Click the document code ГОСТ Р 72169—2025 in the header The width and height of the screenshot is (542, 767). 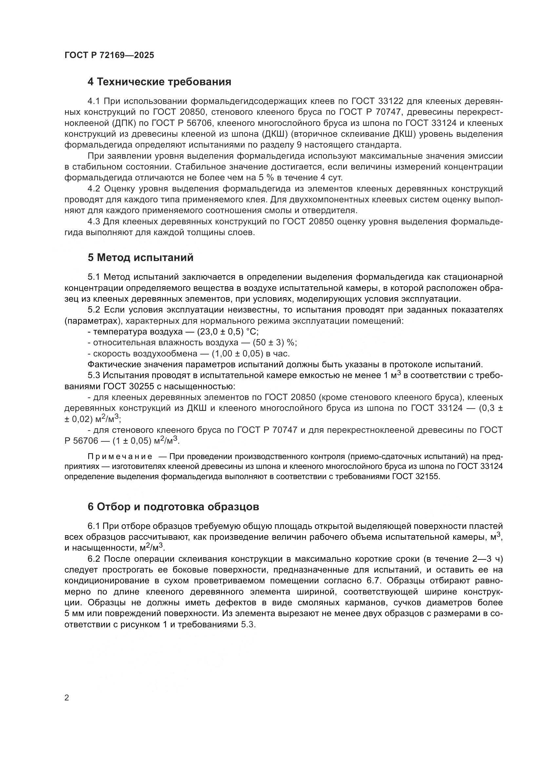tap(109, 55)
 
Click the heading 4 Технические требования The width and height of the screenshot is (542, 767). tap(159, 82)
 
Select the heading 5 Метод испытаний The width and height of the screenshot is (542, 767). tap(141, 257)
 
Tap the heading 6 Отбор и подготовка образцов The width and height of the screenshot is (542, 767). tap(173, 507)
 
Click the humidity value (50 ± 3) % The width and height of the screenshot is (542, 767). tap(275, 343)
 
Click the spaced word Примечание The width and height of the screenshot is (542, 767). tap(120, 457)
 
